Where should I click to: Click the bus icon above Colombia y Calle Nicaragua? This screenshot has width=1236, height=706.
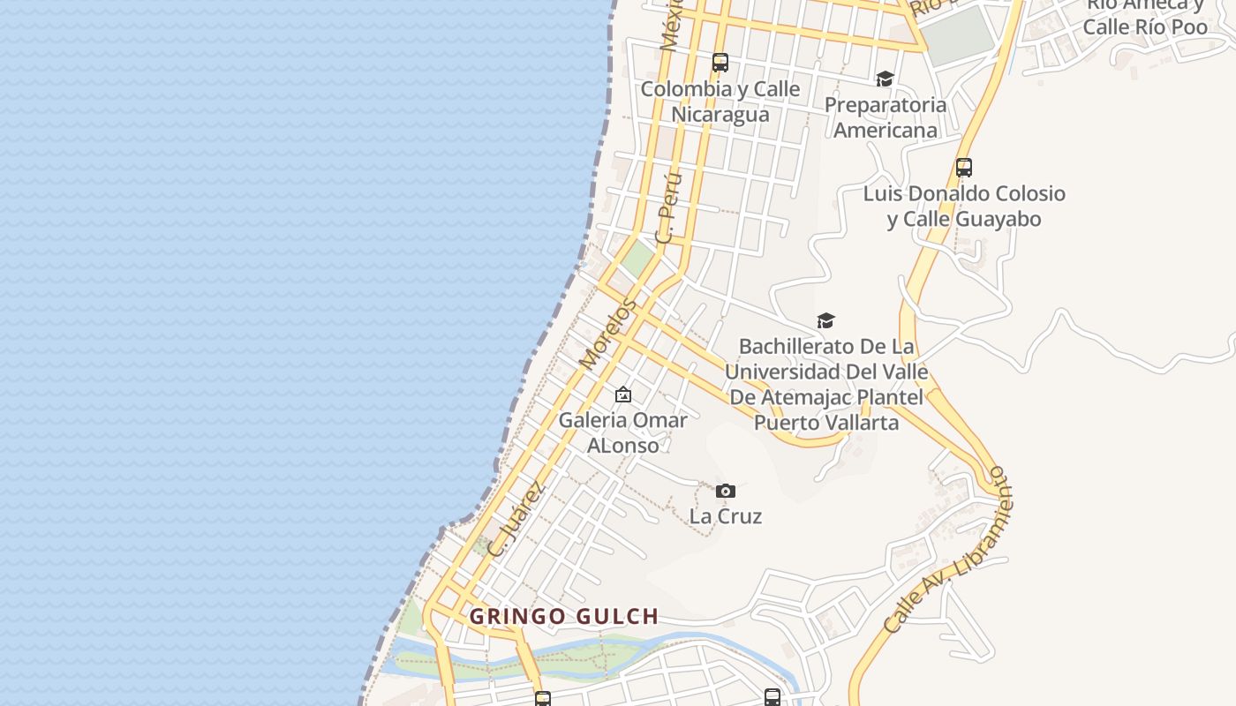point(720,63)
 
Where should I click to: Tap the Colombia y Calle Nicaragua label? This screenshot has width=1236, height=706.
point(720,101)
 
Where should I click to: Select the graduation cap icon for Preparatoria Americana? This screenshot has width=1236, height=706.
point(885,79)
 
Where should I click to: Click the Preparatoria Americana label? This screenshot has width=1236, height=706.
point(885,117)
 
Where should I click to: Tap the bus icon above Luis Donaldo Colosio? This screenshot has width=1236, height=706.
point(964,168)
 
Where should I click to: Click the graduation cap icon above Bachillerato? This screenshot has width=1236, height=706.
point(825,320)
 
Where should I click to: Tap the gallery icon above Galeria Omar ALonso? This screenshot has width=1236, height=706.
point(623,394)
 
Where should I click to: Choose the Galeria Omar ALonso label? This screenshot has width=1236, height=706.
point(623,432)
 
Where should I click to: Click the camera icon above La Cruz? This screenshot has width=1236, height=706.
point(726,491)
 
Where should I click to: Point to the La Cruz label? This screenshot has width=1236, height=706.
point(726,516)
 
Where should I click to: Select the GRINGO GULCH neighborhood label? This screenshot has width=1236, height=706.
point(564,616)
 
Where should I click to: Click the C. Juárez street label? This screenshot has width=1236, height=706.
point(516,519)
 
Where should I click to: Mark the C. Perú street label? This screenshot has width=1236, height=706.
point(670,208)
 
